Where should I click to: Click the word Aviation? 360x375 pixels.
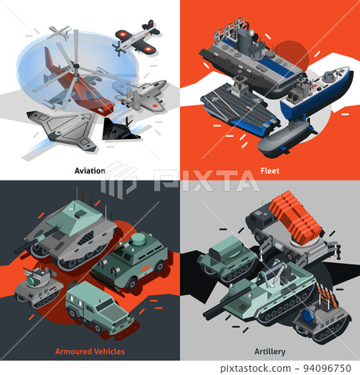click(90, 170)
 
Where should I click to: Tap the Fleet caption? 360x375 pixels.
click(270, 170)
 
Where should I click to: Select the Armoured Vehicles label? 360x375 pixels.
click(90, 350)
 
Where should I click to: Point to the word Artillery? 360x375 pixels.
click(270, 350)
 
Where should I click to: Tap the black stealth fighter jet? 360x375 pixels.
click(124, 129)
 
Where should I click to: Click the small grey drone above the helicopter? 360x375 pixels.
click(58, 32)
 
